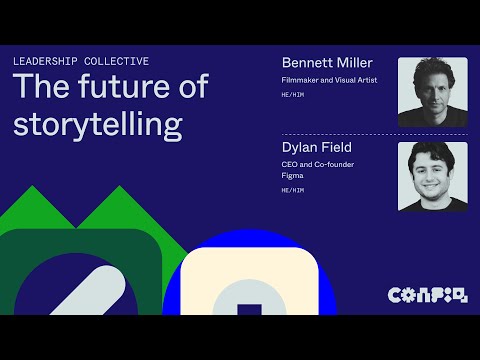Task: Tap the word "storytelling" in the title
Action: point(97,123)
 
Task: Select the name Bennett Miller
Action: point(326,63)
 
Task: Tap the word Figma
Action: point(292,176)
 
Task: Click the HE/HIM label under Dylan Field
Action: point(293,190)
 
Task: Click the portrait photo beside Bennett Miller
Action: point(432,92)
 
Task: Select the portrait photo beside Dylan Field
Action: point(432,176)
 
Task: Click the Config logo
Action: point(426,294)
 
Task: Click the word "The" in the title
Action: point(38,87)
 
